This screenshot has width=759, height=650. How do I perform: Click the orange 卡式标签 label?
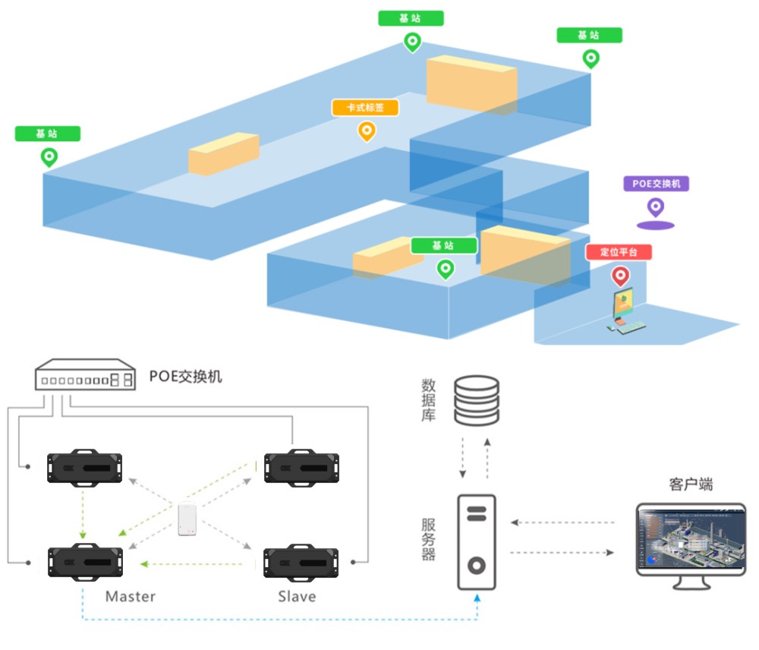[365, 108]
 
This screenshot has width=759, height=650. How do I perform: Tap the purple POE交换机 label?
[656, 184]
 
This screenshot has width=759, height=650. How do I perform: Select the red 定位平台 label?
[619, 252]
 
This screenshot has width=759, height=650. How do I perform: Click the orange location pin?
[367, 131]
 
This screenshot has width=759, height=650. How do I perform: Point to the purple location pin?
[655, 207]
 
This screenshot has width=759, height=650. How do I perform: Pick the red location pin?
[620, 275]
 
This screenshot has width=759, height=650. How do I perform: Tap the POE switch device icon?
[85, 376]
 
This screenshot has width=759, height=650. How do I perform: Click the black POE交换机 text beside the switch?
[186, 376]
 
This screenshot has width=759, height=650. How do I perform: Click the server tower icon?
[476, 541]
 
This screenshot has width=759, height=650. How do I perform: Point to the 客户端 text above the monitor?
[691, 484]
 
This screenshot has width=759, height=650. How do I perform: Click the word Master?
[131, 596]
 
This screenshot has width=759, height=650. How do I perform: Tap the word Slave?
[297, 596]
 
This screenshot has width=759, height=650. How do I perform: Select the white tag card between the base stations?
[188, 519]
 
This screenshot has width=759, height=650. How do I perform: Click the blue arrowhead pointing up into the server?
[477, 598]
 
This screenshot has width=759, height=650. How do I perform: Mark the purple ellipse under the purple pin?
[655, 225]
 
